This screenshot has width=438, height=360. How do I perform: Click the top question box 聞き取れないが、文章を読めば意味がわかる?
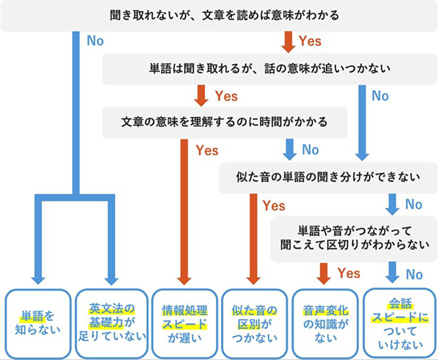tap(219, 15)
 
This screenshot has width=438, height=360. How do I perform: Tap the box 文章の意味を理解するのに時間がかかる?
tap(224, 122)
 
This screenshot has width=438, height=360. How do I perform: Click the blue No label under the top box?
tap(95, 41)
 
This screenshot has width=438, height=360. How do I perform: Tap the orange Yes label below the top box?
tap(309, 41)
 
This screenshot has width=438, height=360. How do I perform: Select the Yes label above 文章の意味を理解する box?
tap(226, 96)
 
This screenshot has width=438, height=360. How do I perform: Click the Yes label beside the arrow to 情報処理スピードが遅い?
tap(207, 150)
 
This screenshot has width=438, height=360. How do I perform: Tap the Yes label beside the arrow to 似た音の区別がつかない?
tap(274, 206)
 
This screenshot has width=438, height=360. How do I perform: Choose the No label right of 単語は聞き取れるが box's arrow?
tap(380, 96)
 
